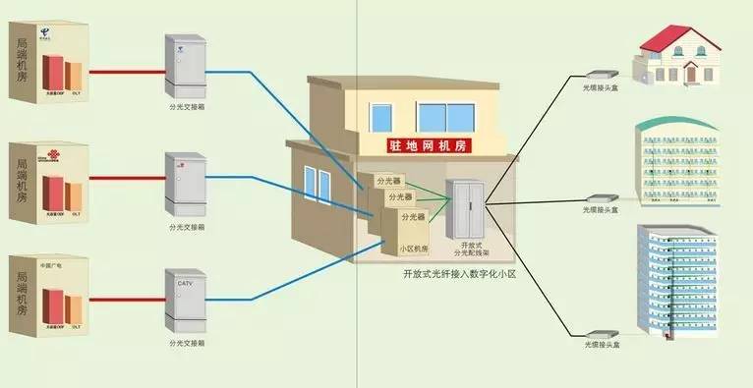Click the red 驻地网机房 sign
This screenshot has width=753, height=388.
[x=428, y=145]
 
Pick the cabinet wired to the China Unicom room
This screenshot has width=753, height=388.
[x=185, y=184]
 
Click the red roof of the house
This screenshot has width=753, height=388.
[x=676, y=37]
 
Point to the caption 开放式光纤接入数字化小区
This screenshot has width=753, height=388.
[x=459, y=274]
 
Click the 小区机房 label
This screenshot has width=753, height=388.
[x=413, y=249]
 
